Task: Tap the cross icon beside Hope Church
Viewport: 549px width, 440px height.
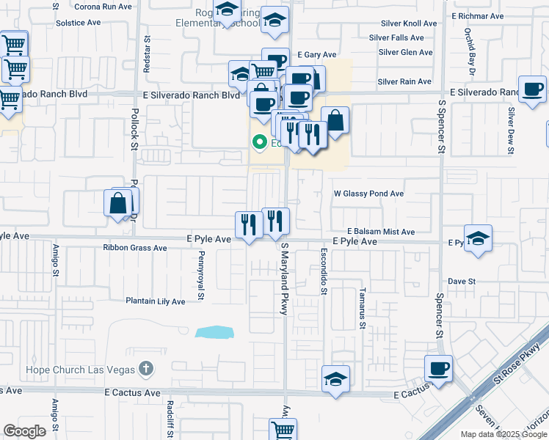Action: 146,368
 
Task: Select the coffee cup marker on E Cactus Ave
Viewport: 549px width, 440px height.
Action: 438,368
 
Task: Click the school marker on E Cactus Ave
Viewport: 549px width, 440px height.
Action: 335,378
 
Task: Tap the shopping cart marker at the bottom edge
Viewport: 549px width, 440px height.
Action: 283,429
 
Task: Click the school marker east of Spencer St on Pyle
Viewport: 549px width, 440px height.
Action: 478,238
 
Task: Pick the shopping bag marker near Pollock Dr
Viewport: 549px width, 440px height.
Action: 118,202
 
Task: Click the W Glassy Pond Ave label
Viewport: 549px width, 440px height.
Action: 368,194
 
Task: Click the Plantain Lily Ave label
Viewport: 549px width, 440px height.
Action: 156,301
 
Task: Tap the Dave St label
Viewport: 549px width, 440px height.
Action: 462,281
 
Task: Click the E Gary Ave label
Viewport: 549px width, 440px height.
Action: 316,55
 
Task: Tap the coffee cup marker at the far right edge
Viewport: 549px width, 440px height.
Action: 532,89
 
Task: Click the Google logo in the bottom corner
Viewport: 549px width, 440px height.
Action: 24,431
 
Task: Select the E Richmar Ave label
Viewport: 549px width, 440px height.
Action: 478,15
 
